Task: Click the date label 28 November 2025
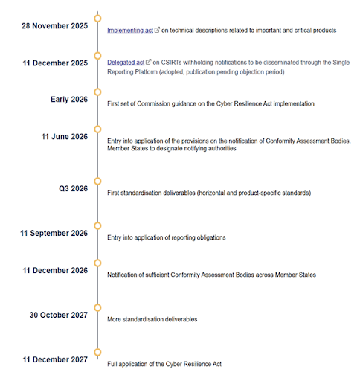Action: pos(55,25)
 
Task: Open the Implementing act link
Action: pos(129,31)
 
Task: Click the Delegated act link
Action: pos(125,62)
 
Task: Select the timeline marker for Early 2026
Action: pos(96,99)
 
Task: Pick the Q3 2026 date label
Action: pos(73,189)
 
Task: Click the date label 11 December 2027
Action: pos(55,359)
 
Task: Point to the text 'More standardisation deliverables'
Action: pos(152,319)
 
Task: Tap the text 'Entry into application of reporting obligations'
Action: pos(167,238)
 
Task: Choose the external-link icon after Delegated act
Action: pos(148,62)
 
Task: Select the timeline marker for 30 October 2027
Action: pos(96,307)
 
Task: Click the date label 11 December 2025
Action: pos(55,63)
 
